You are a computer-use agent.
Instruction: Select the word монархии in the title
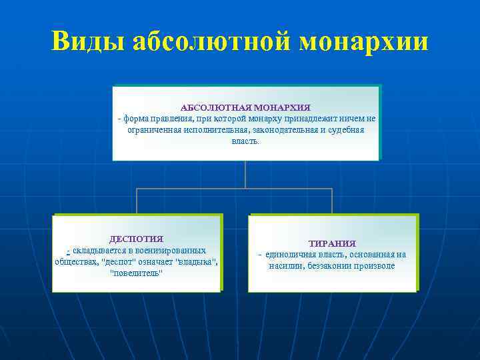coord(364,41)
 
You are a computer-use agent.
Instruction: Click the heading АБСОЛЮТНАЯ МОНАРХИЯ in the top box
coord(245,107)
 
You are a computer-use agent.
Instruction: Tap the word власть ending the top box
coord(245,141)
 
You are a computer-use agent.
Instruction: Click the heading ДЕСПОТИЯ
coord(136,239)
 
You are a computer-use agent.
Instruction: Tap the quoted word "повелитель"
coord(136,273)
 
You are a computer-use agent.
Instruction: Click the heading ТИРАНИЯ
coord(332,244)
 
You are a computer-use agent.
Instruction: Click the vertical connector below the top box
coord(245,175)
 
